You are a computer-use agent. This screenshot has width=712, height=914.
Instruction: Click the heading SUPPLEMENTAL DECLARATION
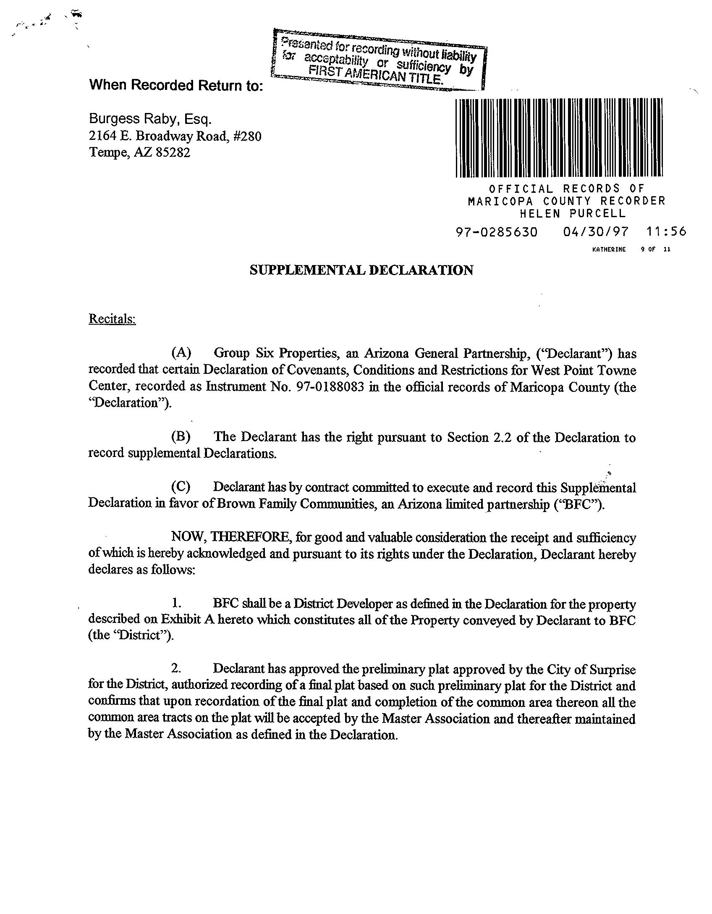click(361, 270)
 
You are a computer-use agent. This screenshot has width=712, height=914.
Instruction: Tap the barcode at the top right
click(559, 138)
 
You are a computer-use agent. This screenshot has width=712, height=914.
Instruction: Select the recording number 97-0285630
click(496, 232)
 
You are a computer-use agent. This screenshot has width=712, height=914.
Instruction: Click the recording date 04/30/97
click(595, 232)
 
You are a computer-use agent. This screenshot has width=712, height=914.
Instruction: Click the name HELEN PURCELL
click(573, 213)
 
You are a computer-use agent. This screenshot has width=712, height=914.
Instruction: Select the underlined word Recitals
click(112, 319)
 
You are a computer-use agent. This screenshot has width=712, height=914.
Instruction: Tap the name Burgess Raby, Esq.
click(150, 119)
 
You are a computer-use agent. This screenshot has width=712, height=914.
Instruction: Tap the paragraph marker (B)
click(181, 437)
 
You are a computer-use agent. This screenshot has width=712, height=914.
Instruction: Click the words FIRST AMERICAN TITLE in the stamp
click(376, 75)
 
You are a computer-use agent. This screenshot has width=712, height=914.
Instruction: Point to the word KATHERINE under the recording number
click(609, 250)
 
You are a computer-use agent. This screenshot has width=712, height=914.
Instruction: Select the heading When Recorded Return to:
click(176, 85)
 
